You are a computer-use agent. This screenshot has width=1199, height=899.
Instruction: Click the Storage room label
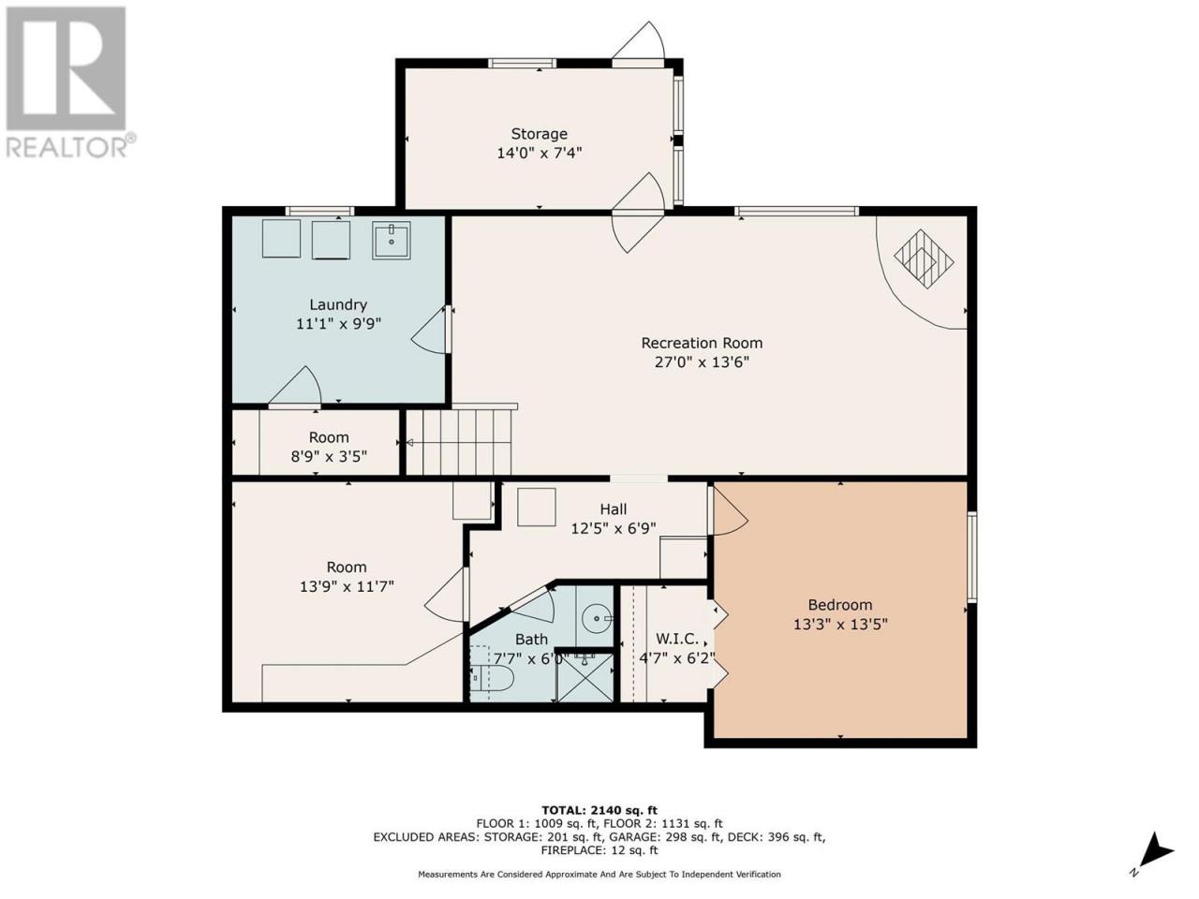pyautogui.click(x=539, y=134)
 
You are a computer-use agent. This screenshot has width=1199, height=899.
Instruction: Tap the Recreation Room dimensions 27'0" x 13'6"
pyautogui.click(x=702, y=361)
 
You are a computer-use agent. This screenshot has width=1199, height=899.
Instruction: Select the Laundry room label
pyautogui.click(x=338, y=304)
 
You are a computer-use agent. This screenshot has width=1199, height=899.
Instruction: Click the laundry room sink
pyautogui.click(x=392, y=240)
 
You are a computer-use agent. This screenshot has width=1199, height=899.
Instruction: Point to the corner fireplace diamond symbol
pyautogui.click(x=925, y=258)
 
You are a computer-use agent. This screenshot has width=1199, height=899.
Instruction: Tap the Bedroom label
pyautogui.click(x=840, y=605)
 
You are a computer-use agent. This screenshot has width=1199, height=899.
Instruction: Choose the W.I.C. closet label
pyautogui.click(x=677, y=639)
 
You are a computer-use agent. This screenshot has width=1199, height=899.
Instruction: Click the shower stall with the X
pyautogui.click(x=584, y=677)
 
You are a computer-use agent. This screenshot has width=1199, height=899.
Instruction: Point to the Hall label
pyautogui.click(x=613, y=509)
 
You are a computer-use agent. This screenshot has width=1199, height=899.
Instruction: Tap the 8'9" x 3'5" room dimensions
pyautogui.click(x=329, y=456)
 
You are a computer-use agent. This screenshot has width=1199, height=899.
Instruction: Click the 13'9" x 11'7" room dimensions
pyautogui.click(x=347, y=586)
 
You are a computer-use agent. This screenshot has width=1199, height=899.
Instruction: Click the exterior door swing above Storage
pyautogui.click(x=638, y=41)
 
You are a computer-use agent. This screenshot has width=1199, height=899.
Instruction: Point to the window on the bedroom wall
pyautogui.click(x=972, y=557)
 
